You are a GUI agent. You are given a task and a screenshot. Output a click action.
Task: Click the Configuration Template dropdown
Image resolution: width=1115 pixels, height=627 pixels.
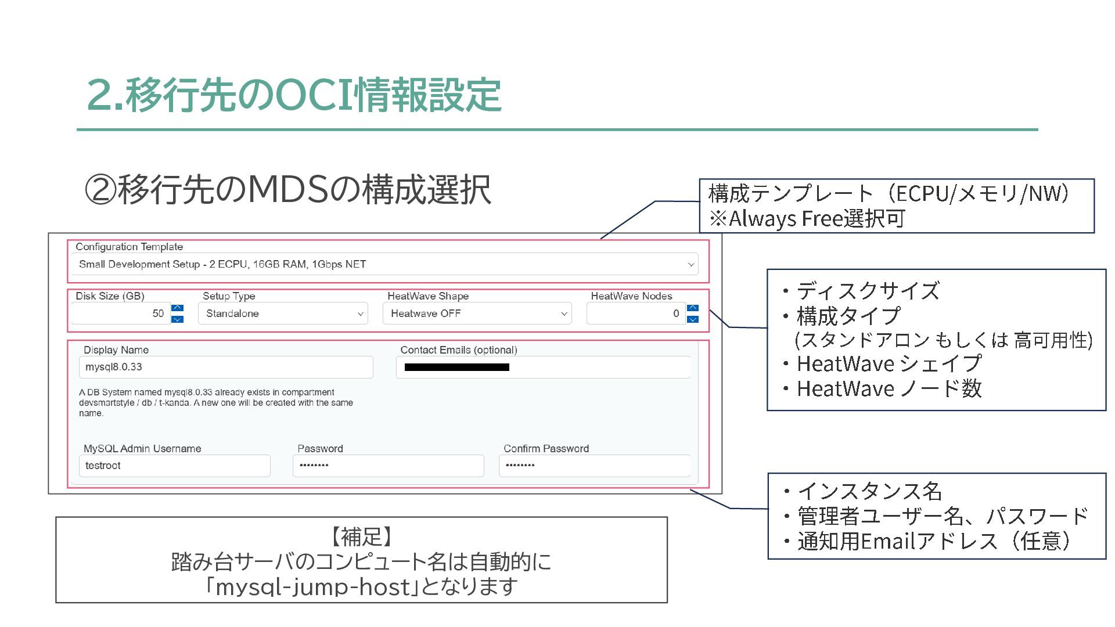(384, 264)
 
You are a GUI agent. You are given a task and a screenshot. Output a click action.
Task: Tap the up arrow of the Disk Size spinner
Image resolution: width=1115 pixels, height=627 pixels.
(178, 308)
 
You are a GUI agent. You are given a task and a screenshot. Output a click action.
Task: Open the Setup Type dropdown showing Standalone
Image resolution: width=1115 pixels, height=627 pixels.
(283, 313)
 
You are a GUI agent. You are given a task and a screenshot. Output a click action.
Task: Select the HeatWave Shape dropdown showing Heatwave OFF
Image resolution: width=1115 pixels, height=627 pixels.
(477, 313)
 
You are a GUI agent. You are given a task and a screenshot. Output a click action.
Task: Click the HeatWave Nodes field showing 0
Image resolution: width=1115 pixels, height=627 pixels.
(636, 313)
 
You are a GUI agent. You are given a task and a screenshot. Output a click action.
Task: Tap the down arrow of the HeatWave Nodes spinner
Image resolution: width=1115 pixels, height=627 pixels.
(693, 319)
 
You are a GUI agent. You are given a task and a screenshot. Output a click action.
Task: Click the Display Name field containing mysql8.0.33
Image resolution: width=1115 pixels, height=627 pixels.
(226, 367)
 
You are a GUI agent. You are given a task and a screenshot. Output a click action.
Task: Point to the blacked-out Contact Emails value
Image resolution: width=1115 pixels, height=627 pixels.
(456, 367)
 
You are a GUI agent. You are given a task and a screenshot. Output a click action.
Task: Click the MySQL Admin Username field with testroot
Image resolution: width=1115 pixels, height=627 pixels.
(174, 466)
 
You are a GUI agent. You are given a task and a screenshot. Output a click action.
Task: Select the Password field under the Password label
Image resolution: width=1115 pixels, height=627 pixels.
(388, 466)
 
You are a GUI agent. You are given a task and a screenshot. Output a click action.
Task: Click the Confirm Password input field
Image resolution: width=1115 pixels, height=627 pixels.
(594, 466)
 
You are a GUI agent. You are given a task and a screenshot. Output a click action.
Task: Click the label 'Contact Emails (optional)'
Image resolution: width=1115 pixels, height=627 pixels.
(458, 350)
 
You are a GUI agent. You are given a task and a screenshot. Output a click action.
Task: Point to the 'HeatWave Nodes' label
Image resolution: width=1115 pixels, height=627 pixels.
(631, 296)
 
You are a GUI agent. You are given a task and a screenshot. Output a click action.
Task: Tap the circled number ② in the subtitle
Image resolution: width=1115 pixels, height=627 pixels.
(100, 190)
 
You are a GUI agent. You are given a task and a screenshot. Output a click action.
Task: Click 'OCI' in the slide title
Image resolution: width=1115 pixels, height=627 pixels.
(314, 95)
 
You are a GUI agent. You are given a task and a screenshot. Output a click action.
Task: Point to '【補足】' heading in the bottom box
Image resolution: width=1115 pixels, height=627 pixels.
(361, 536)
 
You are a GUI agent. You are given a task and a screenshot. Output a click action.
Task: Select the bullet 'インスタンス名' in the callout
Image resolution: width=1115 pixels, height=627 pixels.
(869, 491)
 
